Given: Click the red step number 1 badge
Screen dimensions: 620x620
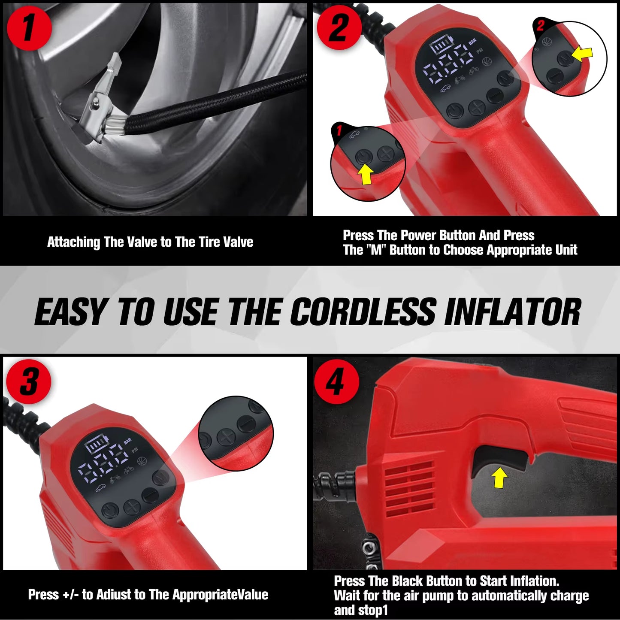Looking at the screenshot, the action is tap(29, 28).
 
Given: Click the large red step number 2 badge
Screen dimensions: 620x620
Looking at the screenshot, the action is tap(339, 28).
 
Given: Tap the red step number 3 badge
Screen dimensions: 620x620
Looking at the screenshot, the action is tap(29, 382).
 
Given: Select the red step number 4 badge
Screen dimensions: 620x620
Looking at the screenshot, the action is tap(336, 382).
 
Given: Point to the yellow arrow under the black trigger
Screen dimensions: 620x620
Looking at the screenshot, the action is tap(499, 478).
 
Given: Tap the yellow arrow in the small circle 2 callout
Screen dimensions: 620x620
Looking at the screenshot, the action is tap(583, 54).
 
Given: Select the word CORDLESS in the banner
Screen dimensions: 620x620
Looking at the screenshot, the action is tap(364, 312).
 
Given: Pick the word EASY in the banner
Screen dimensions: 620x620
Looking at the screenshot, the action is tap(70, 312).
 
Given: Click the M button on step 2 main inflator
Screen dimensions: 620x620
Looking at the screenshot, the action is tap(505, 78).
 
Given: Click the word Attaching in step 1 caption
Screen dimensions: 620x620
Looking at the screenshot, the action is tap(73, 242).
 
